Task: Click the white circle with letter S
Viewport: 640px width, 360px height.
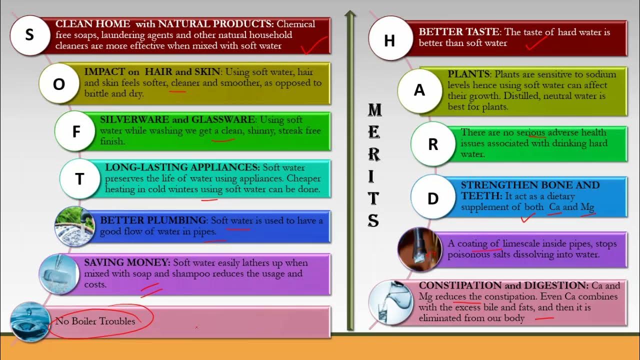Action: point(29,35)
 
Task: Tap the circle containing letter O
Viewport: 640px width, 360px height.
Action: point(59,83)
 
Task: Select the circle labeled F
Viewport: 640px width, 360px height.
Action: point(76,131)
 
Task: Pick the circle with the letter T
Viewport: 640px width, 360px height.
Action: point(79,179)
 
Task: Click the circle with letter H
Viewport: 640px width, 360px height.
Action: point(389,40)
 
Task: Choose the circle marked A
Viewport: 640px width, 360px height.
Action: point(419,90)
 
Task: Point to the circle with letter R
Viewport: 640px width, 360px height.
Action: point(433,144)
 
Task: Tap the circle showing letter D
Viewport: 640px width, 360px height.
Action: point(433,198)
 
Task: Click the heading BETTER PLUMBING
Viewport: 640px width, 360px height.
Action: point(153,220)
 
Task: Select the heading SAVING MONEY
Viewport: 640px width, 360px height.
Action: point(127,262)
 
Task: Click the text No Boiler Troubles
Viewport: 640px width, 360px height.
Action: point(95,321)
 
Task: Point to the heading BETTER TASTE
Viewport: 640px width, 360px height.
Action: point(458,32)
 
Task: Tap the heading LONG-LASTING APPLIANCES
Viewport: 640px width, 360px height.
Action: point(182,167)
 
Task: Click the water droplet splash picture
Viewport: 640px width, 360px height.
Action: point(30,321)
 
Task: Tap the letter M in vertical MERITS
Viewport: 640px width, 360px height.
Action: point(374,109)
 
